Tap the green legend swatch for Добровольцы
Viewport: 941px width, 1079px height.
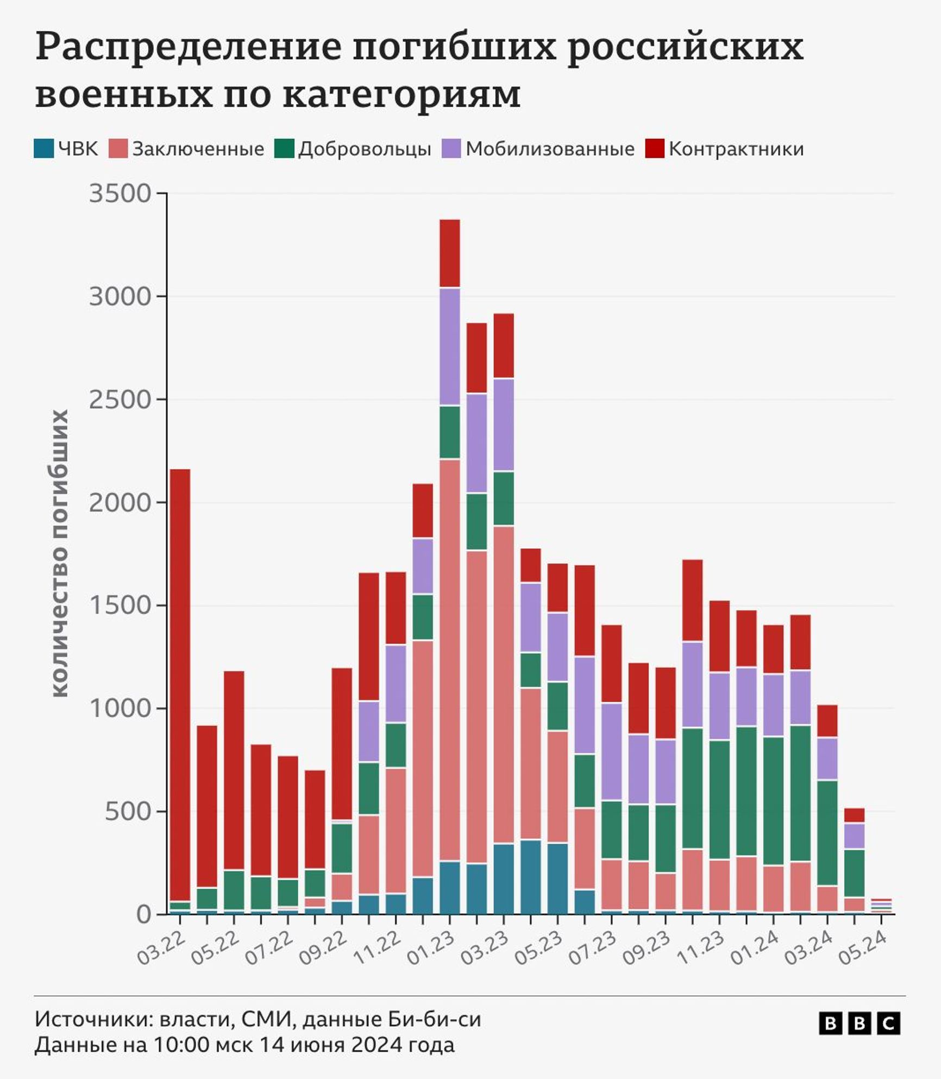click(x=284, y=149)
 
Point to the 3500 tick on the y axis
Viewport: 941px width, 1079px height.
click(x=120, y=194)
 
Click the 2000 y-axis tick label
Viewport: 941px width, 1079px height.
click(x=120, y=503)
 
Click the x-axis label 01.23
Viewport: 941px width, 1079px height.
click(x=432, y=948)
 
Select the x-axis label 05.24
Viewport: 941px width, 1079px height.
click(x=863, y=948)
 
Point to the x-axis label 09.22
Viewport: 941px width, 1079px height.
click(x=324, y=948)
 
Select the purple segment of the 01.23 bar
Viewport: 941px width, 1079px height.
click(x=449, y=347)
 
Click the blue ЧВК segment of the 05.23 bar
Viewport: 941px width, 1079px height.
click(x=557, y=877)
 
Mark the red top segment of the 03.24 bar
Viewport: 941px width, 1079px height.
click(x=827, y=721)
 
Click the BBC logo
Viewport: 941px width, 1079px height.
click(x=860, y=1023)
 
